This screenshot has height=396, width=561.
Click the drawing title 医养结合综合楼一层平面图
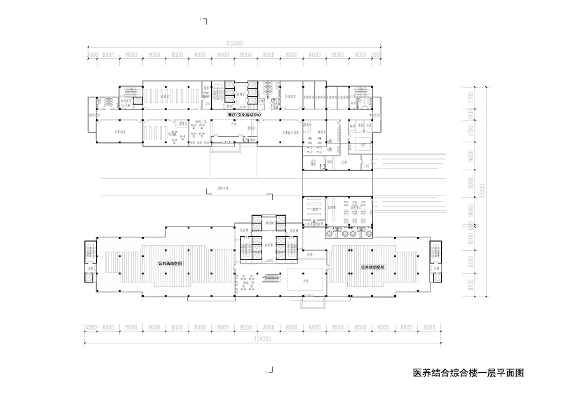point(468,375)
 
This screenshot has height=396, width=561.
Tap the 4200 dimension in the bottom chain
point(90,327)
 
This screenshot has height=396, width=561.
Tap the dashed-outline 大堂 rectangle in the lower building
point(305,280)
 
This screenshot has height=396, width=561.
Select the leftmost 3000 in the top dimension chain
point(91,53)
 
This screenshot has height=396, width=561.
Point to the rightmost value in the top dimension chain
point(376,53)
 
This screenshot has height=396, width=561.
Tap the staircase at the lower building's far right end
point(435,252)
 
